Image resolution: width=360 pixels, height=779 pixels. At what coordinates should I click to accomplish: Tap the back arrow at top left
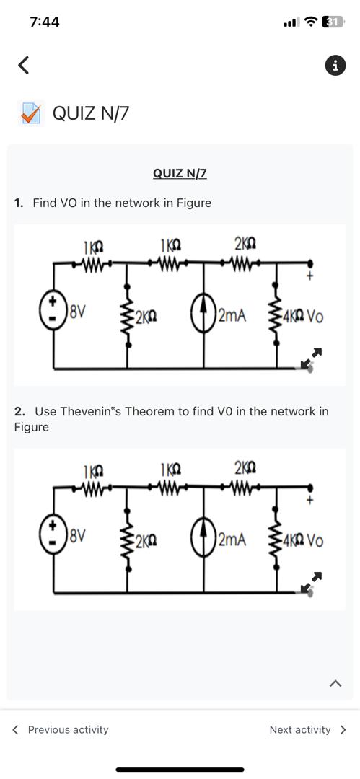click(x=23, y=65)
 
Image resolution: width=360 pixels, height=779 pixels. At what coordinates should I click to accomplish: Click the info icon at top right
click(x=335, y=66)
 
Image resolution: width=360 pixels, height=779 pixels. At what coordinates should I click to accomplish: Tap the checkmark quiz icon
click(x=30, y=113)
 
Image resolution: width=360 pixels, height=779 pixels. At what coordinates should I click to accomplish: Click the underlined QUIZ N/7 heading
click(x=180, y=173)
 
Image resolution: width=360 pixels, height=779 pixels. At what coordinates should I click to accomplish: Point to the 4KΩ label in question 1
click(x=294, y=316)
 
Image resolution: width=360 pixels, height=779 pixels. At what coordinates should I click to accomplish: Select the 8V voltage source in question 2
click(x=53, y=537)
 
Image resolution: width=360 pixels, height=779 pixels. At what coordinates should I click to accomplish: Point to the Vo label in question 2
click(x=315, y=540)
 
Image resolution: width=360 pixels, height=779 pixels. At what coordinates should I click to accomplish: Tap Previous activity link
click(x=61, y=729)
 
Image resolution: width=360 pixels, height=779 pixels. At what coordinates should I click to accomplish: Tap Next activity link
click(x=307, y=729)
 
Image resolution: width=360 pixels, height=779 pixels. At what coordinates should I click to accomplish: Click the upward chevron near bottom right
click(x=335, y=683)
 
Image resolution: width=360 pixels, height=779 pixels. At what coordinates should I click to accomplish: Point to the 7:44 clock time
click(x=45, y=22)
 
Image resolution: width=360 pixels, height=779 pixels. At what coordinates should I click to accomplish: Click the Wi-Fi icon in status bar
click(x=311, y=22)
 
